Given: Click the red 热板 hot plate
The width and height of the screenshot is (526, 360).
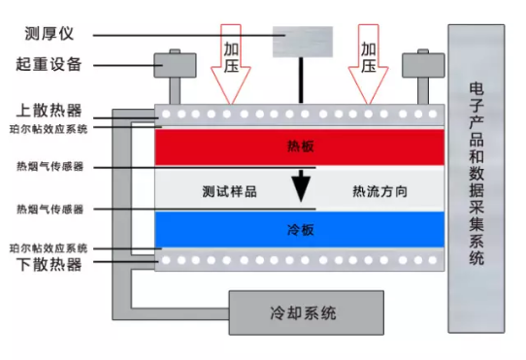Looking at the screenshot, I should click(x=301, y=148).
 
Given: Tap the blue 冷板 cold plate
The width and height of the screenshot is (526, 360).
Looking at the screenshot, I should click(x=301, y=231).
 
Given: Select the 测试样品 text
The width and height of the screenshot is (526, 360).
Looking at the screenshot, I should click(x=230, y=191).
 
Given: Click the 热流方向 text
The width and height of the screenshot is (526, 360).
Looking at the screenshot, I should click(x=379, y=191).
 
